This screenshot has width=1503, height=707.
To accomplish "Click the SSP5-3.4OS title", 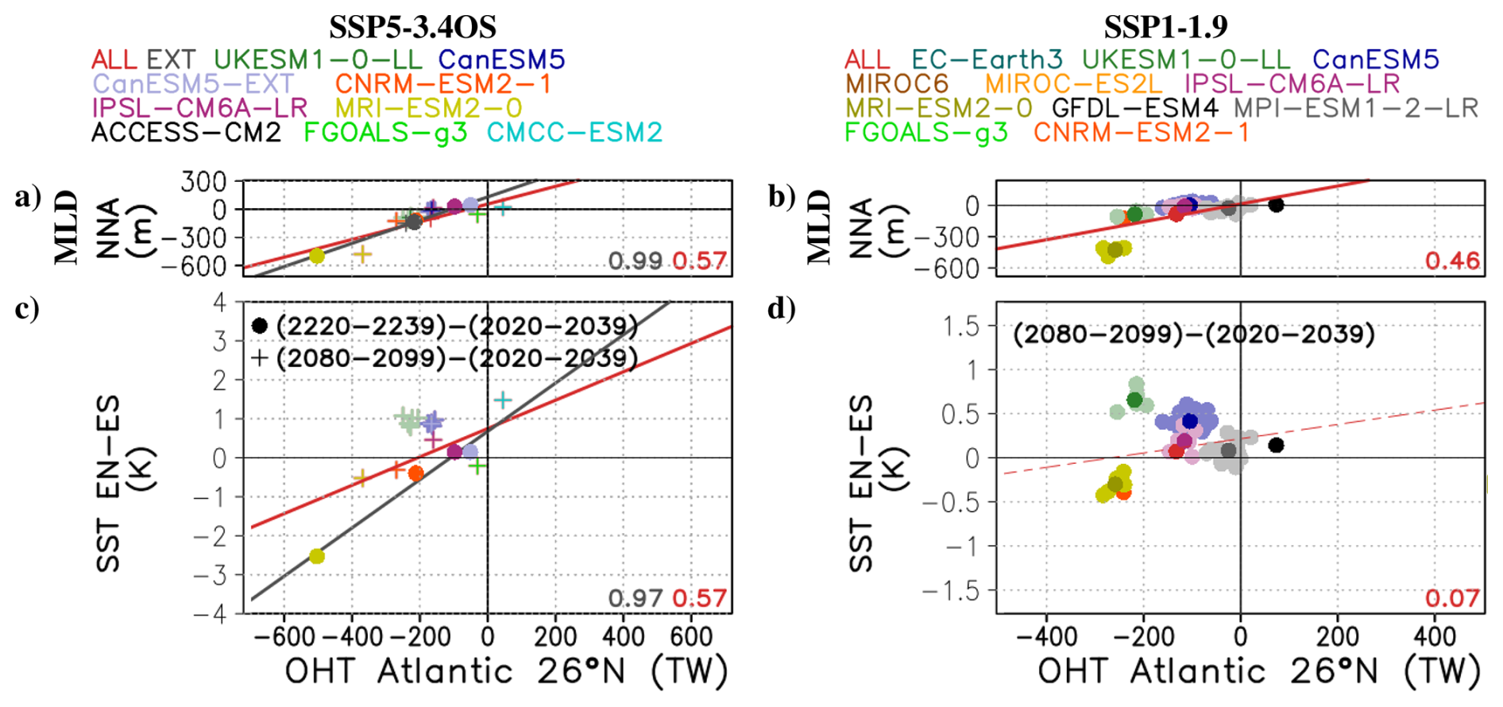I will [412, 27].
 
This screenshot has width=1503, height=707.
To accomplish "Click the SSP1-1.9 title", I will [1165, 27].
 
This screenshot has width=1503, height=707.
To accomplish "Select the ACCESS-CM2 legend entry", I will [186, 133].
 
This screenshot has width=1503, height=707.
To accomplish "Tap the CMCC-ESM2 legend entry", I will [574, 133].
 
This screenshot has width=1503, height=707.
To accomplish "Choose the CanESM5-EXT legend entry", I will [193, 83].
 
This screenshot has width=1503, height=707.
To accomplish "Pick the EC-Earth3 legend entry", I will [987, 60].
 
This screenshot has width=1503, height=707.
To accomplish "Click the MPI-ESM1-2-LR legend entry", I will [1356, 108].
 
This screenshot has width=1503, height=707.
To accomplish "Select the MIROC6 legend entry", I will [897, 83].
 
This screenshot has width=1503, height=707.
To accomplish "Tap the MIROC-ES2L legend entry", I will [1073, 83].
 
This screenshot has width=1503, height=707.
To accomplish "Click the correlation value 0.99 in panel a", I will [635, 261].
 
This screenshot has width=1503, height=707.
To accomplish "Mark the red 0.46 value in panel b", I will [1452, 261].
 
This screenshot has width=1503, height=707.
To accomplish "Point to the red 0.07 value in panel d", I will [1452, 598].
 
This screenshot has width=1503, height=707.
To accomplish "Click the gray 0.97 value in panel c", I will [635, 598].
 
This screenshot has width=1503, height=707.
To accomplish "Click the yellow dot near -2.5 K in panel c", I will [317, 556].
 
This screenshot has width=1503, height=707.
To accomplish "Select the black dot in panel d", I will [1276, 445].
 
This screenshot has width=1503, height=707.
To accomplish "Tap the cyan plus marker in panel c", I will [502, 400].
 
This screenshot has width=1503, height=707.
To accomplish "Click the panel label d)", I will [782, 309].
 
